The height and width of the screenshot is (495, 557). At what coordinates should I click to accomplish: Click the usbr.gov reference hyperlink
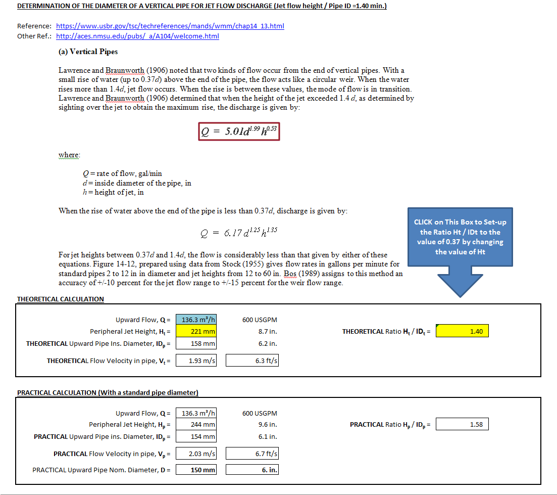(170, 26)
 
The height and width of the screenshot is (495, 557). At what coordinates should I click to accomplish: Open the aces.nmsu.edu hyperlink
(137, 36)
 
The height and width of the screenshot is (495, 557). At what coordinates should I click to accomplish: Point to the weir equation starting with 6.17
(238, 232)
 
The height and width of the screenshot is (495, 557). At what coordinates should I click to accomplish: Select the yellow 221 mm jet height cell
(196, 332)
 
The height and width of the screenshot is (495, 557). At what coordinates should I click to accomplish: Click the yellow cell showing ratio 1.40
(462, 332)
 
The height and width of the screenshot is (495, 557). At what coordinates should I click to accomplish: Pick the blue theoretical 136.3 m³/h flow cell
(196, 320)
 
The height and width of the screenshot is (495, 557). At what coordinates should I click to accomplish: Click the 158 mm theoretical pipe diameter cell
(196, 344)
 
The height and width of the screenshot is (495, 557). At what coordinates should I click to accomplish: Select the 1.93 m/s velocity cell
(196, 361)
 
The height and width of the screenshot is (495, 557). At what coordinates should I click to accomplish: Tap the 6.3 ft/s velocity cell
(252, 361)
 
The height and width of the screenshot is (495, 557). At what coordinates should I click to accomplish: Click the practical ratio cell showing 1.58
(462, 425)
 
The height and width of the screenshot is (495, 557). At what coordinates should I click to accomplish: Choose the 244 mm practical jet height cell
(196, 425)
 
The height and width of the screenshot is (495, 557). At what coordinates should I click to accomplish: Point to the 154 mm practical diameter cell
(196, 437)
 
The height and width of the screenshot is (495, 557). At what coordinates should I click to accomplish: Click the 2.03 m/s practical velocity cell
(196, 454)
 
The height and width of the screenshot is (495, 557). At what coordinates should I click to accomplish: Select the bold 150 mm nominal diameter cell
(196, 470)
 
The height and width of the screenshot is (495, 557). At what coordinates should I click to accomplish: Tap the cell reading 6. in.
(252, 470)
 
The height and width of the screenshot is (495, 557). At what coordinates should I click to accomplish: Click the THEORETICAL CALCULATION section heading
(61, 299)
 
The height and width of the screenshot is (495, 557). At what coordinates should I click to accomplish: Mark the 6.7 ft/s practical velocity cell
(252, 454)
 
